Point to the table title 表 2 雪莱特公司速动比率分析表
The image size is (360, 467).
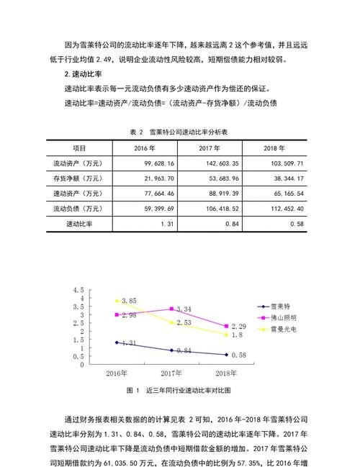(x=179, y=132)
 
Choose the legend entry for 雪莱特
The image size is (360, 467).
(x=280, y=306)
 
